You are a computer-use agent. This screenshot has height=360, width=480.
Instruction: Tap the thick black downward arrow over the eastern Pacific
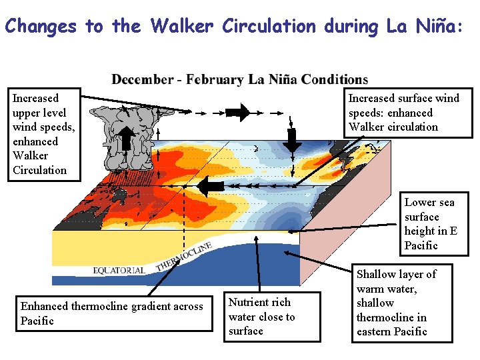[x=291, y=140]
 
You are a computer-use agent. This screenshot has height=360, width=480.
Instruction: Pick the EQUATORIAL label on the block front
[x=119, y=270]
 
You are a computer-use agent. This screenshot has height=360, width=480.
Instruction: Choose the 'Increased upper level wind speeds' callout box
[x=39, y=134]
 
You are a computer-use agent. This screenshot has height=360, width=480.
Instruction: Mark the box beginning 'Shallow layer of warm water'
[x=401, y=303]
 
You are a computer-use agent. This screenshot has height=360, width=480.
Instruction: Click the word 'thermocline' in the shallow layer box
[x=392, y=317]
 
